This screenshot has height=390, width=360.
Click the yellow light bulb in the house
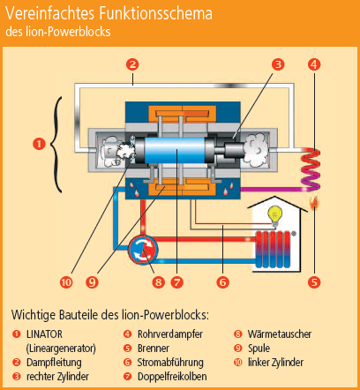275,215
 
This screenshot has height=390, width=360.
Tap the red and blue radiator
274,249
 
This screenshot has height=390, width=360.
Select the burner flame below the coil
314,203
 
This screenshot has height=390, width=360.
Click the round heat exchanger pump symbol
143,250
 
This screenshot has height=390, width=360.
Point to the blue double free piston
176,150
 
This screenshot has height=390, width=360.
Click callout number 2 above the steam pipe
132,64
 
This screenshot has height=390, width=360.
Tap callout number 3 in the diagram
278,64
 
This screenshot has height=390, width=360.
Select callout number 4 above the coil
314,64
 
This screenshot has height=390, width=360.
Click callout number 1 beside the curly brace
39,144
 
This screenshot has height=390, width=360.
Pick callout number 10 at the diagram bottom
66,282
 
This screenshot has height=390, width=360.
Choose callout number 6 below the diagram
222,282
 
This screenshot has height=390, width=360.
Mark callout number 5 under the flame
314,282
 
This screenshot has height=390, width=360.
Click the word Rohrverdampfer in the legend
170,334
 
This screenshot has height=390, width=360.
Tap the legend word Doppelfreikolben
172,377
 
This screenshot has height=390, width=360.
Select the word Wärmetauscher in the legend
280,334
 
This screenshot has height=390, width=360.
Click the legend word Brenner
154,349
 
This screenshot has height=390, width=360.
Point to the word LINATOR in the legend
44,334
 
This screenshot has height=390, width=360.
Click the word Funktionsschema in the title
155,13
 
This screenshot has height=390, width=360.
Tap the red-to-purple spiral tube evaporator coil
311,169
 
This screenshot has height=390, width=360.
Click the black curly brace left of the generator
56,145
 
